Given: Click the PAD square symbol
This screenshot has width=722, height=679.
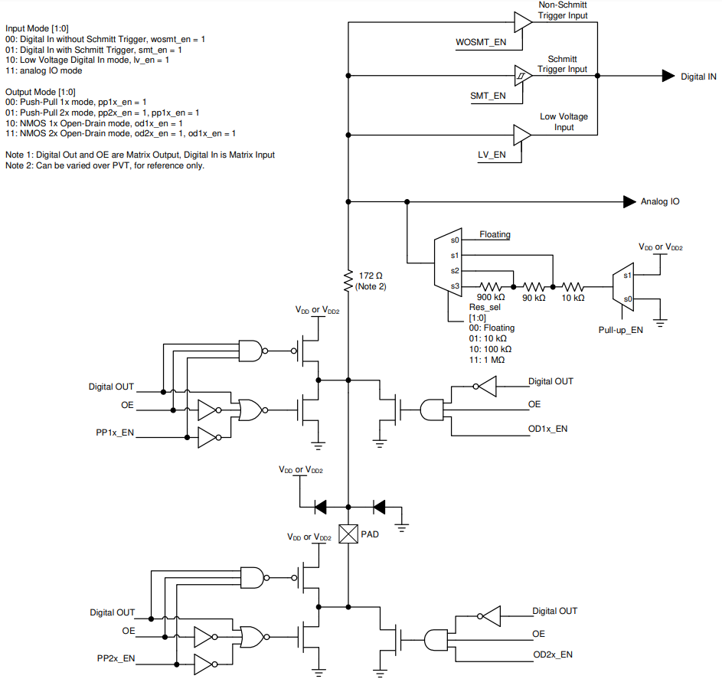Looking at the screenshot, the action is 348,534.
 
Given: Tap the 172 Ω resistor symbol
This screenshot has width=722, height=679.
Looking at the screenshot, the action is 348,281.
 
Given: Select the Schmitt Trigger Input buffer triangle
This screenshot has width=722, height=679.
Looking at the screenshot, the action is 523,76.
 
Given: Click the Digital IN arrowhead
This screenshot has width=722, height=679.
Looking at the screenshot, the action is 668,76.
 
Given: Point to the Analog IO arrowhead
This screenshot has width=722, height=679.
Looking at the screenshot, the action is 629,201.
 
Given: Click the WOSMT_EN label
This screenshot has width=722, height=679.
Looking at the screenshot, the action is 481,42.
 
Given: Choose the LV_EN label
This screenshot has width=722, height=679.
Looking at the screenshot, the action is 492,155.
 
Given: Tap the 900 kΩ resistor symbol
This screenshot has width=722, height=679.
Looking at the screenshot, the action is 490,286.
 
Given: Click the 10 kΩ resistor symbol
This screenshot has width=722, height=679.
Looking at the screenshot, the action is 573,286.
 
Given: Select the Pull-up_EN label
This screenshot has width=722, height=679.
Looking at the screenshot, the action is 620,330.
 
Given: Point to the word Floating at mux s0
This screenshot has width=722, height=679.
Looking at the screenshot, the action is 495,234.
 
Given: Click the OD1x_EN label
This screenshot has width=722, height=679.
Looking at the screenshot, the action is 547,429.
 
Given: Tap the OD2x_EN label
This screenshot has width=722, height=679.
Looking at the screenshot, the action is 553,655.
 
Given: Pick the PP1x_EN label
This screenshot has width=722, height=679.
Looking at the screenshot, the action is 115,433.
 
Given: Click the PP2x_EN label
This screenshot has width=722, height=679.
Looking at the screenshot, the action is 116,659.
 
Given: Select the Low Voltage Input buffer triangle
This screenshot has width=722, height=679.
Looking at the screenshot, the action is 523,135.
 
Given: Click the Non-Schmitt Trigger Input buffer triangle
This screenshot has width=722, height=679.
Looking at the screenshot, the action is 523,22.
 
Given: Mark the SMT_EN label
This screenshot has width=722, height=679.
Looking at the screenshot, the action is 488,96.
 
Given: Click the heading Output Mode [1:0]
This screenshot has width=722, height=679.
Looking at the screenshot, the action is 41,92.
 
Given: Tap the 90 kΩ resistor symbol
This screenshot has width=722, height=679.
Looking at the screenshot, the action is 534,286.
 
